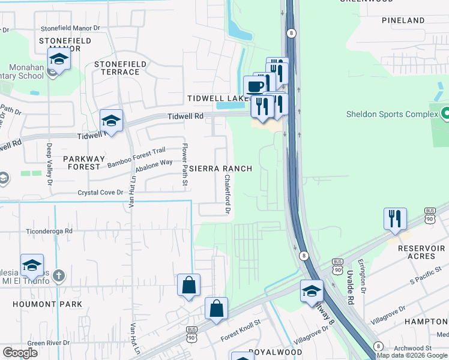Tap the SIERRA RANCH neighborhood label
tap(221, 169)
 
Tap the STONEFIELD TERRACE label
tap(116, 67)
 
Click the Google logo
tap(20, 352)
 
